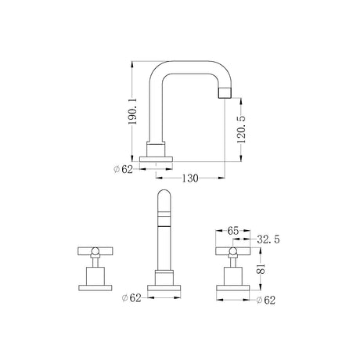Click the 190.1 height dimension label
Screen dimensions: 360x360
tap(133, 112)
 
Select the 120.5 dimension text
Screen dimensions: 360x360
tap(241, 129)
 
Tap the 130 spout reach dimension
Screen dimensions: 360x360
tap(190, 178)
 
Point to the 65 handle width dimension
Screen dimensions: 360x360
tap(233, 231)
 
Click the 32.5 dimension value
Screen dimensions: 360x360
tap(268, 239)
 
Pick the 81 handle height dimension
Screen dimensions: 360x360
tap(261, 268)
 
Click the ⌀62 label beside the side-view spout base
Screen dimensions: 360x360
tap(123, 169)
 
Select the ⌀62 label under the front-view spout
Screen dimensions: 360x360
tap(131, 297)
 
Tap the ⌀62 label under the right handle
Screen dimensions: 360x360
tap(266, 301)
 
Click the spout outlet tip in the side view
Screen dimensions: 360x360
tap(225, 93)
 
